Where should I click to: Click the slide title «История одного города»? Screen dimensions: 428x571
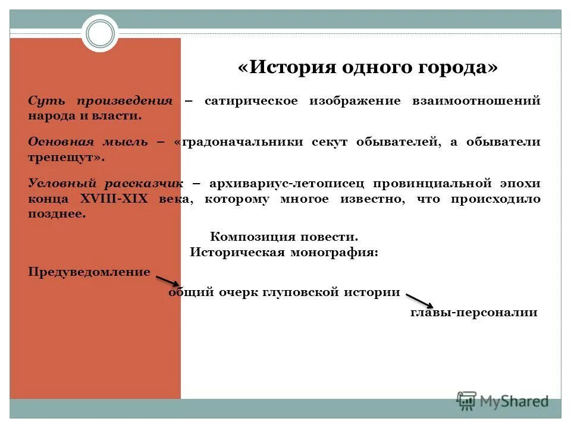coord(368,67)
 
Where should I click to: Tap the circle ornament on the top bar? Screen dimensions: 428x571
coord(100,33)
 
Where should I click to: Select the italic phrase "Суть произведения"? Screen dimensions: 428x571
coord(100,100)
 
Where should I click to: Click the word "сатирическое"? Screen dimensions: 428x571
coord(250,100)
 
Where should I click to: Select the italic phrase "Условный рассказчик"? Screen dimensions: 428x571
coord(106,184)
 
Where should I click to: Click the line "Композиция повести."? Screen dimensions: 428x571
coord(284,237)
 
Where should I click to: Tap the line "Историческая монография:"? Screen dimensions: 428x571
coord(284,252)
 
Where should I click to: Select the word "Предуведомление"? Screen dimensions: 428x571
coord(89,272)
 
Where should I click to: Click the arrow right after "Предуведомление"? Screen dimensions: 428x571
coord(168,280)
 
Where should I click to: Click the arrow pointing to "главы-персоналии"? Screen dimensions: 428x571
coord(419,301)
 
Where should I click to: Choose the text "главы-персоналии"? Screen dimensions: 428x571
coord(473,312)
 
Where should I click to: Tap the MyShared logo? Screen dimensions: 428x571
coord(503,401)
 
